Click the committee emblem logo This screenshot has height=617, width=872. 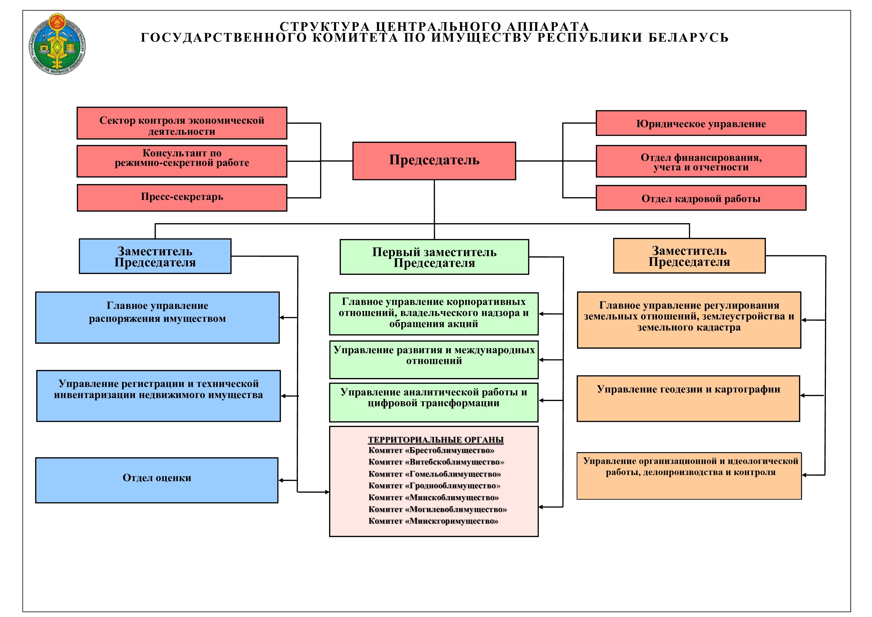[x=57, y=44]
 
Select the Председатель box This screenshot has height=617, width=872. [x=434, y=161]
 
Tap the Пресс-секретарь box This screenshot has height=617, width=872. [x=182, y=198]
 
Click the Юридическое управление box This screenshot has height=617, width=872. [x=701, y=123]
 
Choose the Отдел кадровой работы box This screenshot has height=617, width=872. [x=701, y=198]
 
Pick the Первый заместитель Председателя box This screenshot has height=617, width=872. [x=434, y=257]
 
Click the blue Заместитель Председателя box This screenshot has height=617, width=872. [x=155, y=256]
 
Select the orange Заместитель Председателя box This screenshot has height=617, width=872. [x=689, y=256]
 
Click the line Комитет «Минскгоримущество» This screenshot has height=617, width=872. [x=433, y=521]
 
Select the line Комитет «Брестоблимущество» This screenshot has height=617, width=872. [x=431, y=451]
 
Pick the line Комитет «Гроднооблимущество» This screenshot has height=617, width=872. [x=434, y=486]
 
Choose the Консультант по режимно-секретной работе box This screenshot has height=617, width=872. [x=182, y=161]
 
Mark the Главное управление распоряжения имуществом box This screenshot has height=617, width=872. [x=157, y=318]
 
